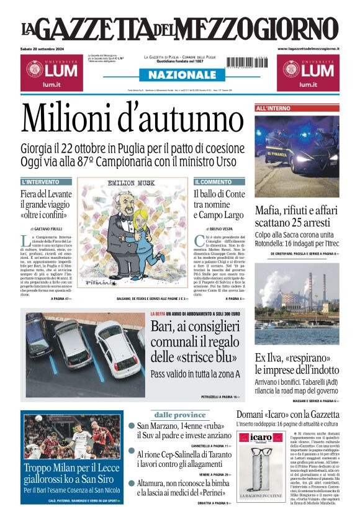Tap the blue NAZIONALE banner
(180, 74)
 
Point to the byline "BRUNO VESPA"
(217, 229)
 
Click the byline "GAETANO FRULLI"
(48, 229)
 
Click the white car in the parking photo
(117, 348)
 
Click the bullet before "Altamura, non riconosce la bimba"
(132, 483)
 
